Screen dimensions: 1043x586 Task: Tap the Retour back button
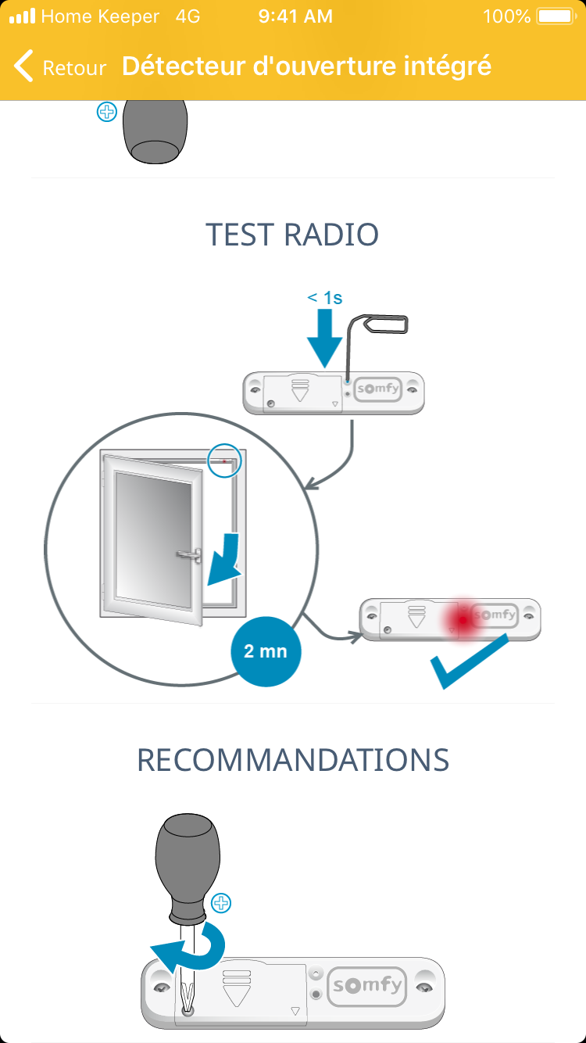[x=59, y=66]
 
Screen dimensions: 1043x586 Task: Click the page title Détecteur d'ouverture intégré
[x=306, y=66]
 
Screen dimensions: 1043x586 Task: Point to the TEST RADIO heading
[x=292, y=235]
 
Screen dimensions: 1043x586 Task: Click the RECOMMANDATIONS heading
[x=293, y=760]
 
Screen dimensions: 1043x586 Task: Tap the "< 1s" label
[x=324, y=298]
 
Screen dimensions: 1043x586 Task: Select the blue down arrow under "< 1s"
[x=324, y=336]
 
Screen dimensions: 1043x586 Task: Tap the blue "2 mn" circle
[x=265, y=651]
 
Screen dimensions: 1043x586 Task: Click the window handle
[x=188, y=555]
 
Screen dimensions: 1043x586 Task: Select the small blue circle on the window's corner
[x=226, y=461]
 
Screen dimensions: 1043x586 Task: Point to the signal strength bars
[x=22, y=16]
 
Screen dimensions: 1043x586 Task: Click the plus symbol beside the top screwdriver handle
[x=105, y=113]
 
